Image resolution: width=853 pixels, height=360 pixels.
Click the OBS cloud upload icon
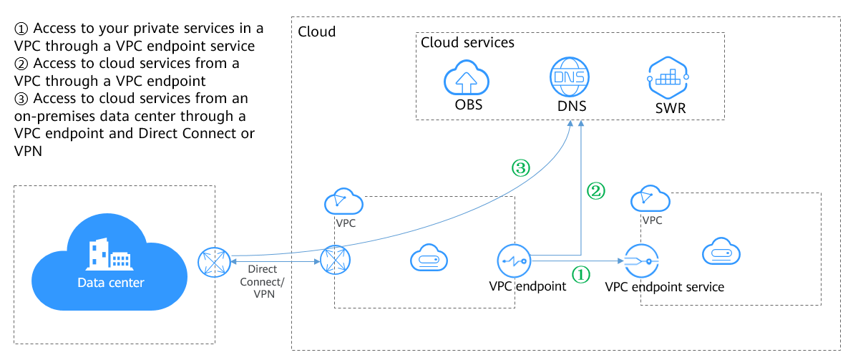point(465,77)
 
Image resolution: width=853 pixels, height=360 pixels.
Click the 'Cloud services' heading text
point(467,42)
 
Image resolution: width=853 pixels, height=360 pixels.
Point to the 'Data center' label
point(111,283)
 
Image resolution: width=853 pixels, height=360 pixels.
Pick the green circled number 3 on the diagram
point(520,168)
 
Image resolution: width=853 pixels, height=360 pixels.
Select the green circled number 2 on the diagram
point(596,190)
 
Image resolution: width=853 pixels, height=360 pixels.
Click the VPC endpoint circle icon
point(515,261)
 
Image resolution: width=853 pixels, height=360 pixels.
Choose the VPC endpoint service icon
point(641,261)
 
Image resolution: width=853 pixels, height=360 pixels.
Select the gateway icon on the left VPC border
point(335,262)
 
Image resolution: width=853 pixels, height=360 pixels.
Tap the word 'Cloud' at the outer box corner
point(316,32)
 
